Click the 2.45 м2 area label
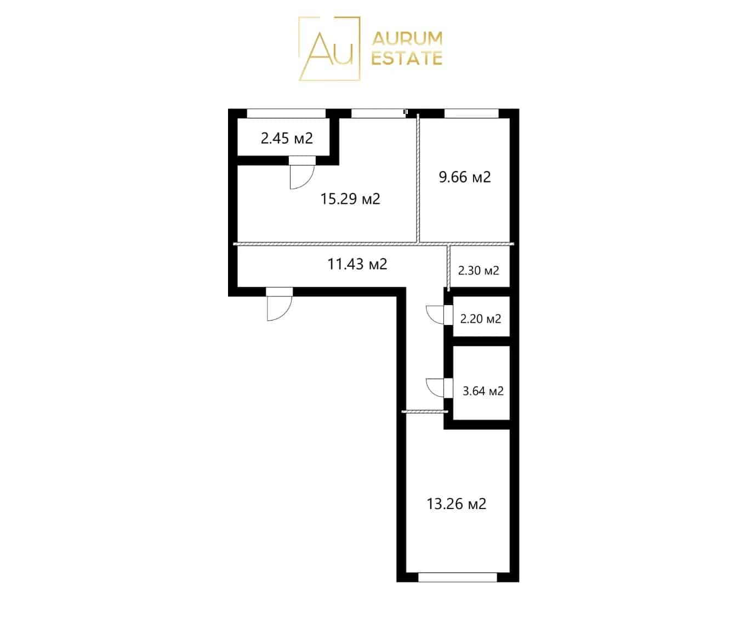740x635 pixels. coord(286,139)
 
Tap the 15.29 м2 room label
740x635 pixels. coord(350,199)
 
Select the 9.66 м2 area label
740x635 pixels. coord(465,177)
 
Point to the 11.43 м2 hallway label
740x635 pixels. coord(357,264)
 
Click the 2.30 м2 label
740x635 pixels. coord(479,271)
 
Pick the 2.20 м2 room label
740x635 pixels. coord(480,319)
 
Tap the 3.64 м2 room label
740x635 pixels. coord(483,391)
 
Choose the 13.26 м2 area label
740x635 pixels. coord(457,504)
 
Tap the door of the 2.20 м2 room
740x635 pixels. coord(439,315)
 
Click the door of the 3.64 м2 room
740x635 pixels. coord(439,388)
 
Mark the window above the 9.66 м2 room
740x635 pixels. coord(471,113)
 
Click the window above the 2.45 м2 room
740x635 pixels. coord(286,113)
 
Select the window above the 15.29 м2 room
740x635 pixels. coord(378,113)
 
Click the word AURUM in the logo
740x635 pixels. coord(407,39)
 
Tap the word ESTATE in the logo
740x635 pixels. coord(407,59)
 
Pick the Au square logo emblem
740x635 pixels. coord(329,48)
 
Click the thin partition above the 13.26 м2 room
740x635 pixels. coord(425,412)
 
